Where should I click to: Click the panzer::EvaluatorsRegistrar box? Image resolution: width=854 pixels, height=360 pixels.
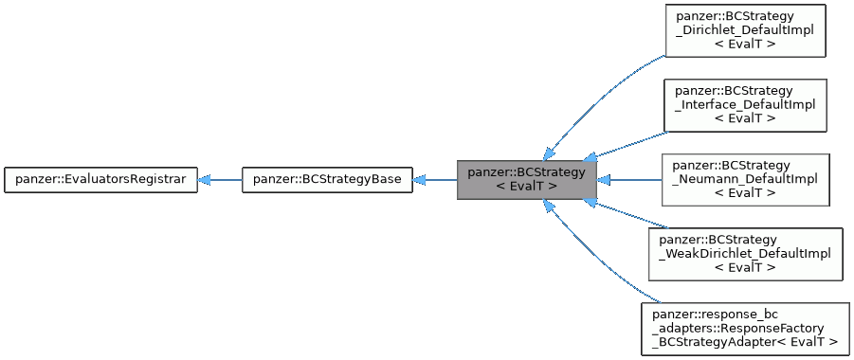tap(100, 179)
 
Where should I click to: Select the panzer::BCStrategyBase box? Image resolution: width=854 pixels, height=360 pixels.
tap(327, 179)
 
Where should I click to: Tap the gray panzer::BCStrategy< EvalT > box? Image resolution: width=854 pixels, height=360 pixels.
tap(526, 179)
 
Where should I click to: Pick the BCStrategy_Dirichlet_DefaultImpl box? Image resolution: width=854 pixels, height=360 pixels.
tap(745, 31)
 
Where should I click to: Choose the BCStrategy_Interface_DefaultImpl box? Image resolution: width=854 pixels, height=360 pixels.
tap(745, 105)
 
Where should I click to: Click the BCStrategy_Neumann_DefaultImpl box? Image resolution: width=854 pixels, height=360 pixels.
tap(745, 179)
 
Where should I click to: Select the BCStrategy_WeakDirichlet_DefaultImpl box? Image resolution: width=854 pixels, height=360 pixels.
tap(745, 253)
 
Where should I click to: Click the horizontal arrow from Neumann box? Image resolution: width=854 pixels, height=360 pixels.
tap(630, 179)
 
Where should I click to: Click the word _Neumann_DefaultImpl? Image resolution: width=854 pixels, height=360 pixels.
tap(745, 179)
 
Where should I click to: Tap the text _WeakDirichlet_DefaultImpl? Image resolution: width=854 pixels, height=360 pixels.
tap(745, 254)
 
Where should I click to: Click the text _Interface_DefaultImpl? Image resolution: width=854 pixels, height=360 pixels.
tap(745, 105)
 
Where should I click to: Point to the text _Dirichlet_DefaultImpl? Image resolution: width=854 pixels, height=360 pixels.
tap(745, 31)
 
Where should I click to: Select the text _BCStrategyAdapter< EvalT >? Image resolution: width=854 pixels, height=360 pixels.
tap(745, 341)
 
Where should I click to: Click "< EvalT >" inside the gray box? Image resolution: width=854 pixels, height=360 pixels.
tap(526, 187)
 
